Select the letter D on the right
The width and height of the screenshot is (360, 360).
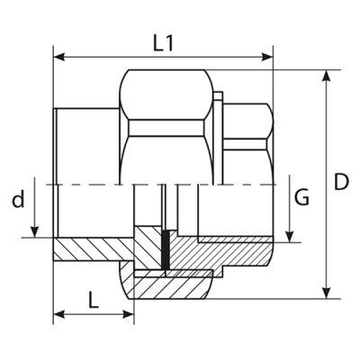coord(341,182)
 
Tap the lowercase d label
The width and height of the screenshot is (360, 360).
coord(18,200)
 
